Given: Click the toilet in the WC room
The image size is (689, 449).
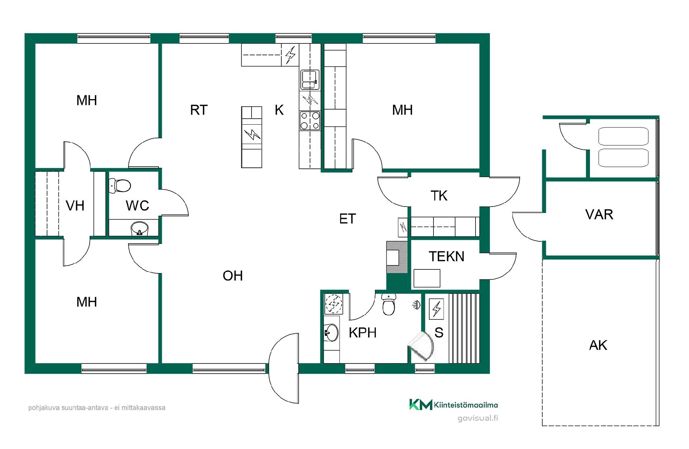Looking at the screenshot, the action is [120, 185].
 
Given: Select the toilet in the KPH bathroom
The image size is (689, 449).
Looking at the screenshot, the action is [389, 304].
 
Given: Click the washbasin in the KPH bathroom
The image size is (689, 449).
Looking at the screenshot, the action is [331, 333].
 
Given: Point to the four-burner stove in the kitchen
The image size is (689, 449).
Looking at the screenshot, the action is [310, 121].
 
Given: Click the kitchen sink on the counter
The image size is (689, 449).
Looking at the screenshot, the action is [310, 80].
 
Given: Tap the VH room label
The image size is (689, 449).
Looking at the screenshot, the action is [75, 206].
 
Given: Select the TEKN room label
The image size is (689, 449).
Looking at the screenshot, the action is [446, 256].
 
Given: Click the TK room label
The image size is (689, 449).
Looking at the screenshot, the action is [439, 196].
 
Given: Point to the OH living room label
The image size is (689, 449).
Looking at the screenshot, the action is [233, 276].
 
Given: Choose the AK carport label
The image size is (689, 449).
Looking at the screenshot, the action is [598, 345].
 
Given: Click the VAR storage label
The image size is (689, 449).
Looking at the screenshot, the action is [599, 214].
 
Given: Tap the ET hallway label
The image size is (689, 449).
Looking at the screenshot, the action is [347, 219].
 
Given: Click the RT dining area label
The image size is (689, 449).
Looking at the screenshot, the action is [199, 110].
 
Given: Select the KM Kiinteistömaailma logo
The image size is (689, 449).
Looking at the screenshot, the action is [454, 404].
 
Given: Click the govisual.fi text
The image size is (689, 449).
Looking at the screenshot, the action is [478, 418].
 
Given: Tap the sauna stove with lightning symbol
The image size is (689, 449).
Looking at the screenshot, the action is [436, 309].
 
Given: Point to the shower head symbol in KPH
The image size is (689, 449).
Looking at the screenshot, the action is [416, 305].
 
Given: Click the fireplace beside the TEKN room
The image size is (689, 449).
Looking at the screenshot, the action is [397, 257].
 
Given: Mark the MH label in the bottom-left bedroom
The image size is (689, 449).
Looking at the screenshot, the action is [86, 302].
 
